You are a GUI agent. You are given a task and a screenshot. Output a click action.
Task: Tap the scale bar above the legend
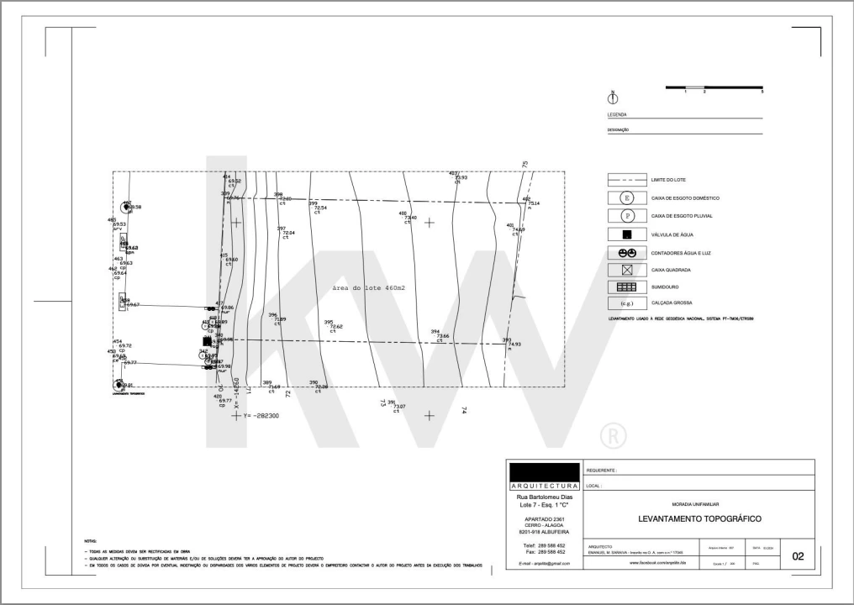(714, 87)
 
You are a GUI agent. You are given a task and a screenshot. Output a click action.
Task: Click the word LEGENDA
(617, 114)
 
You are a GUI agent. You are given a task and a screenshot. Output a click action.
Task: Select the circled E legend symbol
(626, 198)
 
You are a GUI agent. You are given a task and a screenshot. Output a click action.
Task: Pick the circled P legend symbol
(626, 216)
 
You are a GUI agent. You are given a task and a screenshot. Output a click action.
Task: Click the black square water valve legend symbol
(626, 234)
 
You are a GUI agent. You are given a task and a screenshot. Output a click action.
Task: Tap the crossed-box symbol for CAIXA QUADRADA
(626, 270)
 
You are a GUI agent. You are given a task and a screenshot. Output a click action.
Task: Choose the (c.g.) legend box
(626, 302)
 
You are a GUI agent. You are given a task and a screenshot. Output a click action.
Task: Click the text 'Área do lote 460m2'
(369, 288)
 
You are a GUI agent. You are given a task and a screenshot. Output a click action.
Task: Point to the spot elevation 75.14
(533, 203)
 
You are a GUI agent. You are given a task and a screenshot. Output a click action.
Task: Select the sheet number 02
(798, 555)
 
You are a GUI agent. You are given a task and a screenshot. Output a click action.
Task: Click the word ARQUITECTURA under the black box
(543, 487)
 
